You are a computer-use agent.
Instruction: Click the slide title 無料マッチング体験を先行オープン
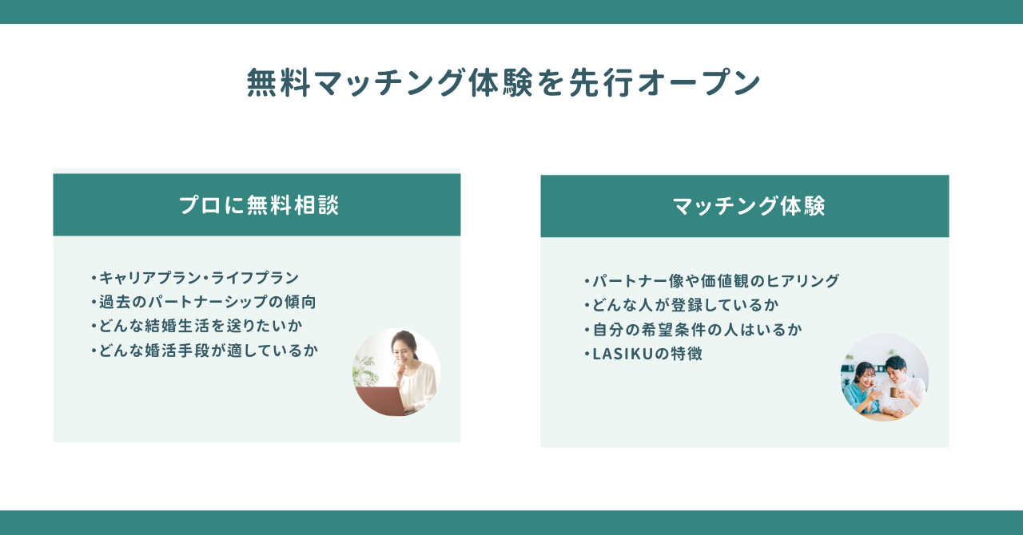coord(504,83)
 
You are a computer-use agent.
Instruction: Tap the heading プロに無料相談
coord(259,205)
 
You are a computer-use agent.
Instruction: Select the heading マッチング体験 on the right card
coord(749,206)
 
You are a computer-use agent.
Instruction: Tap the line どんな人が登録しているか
coord(684,305)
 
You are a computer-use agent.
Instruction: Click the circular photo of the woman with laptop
coord(396,372)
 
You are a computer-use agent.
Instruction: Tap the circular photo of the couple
coord(885,377)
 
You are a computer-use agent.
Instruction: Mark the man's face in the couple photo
coord(897,367)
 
